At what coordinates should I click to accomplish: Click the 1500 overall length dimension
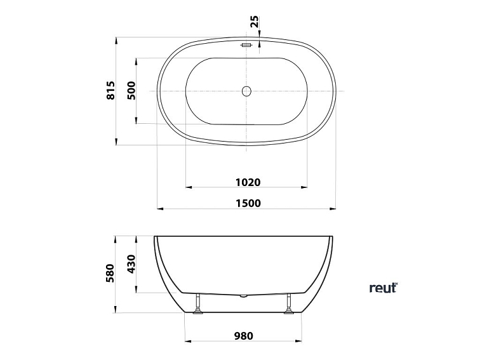[248, 203]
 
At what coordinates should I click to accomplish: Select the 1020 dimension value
[248, 182]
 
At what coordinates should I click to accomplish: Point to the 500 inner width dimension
[132, 91]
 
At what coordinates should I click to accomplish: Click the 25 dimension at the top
[255, 21]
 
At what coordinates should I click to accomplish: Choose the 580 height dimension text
[110, 273]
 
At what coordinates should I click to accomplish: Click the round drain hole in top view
[247, 91]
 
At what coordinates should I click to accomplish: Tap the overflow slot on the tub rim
[247, 44]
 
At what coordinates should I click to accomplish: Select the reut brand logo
[383, 288]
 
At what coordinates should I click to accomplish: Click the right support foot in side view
[291, 304]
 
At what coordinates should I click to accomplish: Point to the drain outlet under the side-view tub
[244, 296]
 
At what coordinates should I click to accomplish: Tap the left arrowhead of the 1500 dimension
[160, 208]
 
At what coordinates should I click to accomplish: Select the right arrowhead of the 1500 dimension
[334, 208]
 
